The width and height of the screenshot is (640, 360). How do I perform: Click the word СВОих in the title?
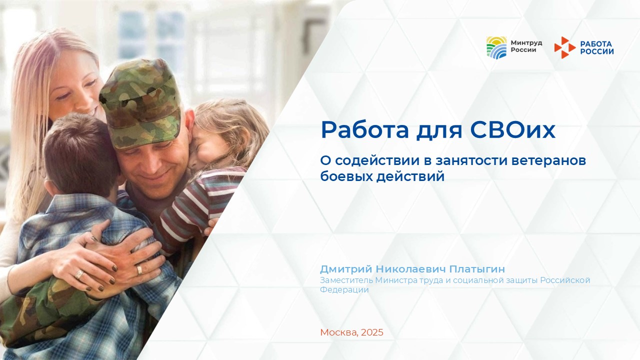[512, 130]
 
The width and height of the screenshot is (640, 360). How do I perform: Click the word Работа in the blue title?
[365, 130]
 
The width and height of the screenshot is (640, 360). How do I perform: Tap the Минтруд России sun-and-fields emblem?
[496, 47]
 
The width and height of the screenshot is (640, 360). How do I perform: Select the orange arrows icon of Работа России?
[565, 47]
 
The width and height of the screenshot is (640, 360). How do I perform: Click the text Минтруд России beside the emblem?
[526, 46]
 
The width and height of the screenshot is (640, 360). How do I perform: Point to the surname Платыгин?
[477, 269]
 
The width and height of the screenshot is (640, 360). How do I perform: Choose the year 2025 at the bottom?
[372, 332]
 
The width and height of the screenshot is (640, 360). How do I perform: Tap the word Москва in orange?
[339, 332]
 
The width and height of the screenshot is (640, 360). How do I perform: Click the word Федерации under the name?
[344, 290]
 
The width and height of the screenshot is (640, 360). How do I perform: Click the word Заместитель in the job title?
[346, 280]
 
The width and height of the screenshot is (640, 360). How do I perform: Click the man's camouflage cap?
[141, 103]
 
